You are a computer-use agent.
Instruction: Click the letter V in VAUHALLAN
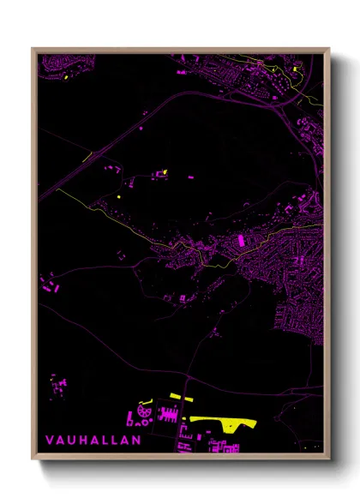pyautogui.click(x=49, y=440)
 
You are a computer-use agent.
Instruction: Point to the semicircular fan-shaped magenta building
pyautogui.click(x=143, y=413)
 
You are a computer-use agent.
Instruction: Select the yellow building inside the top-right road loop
pyautogui.click(x=294, y=69)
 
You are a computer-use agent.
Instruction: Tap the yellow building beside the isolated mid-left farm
pyautogui.click(x=164, y=172)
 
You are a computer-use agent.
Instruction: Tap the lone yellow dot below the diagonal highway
pyautogui.click(x=118, y=197)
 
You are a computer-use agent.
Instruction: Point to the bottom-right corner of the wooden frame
pyautogui.click(x=328, y=459)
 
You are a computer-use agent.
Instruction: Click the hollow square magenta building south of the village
pyautogui.click(x=183, y=298)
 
